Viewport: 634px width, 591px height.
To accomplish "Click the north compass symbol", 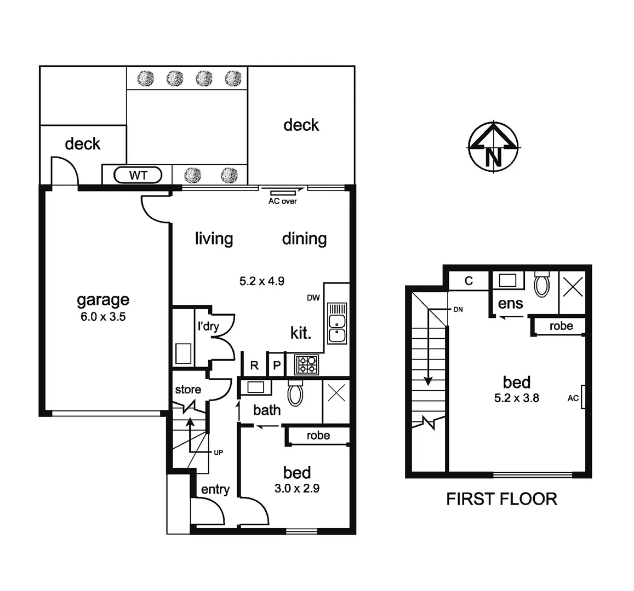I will (494, 148).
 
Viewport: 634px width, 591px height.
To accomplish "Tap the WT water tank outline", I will (138, 176).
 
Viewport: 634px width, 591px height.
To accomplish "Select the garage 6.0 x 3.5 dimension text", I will (102, 316).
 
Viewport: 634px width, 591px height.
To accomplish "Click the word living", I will (214, 239).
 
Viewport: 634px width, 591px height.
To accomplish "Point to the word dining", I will (304, 239).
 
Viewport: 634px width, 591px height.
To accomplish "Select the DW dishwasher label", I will (313, 298).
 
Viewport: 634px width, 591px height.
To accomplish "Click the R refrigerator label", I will (254, 366).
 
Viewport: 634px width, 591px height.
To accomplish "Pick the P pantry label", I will (277, 366).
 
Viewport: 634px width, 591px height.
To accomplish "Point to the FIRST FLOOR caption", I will (501, 499).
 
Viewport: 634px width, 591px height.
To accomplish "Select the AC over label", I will (282, 201).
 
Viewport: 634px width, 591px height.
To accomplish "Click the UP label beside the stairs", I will (218, 453).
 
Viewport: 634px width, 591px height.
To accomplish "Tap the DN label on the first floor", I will (458, 309).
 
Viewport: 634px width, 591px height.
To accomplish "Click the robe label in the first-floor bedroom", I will (561, 326).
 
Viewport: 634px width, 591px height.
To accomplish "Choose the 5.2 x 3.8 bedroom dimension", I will (516, 398).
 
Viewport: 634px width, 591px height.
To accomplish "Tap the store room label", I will (188, 390).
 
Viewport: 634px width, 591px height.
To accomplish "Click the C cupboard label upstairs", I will (469, 281).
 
